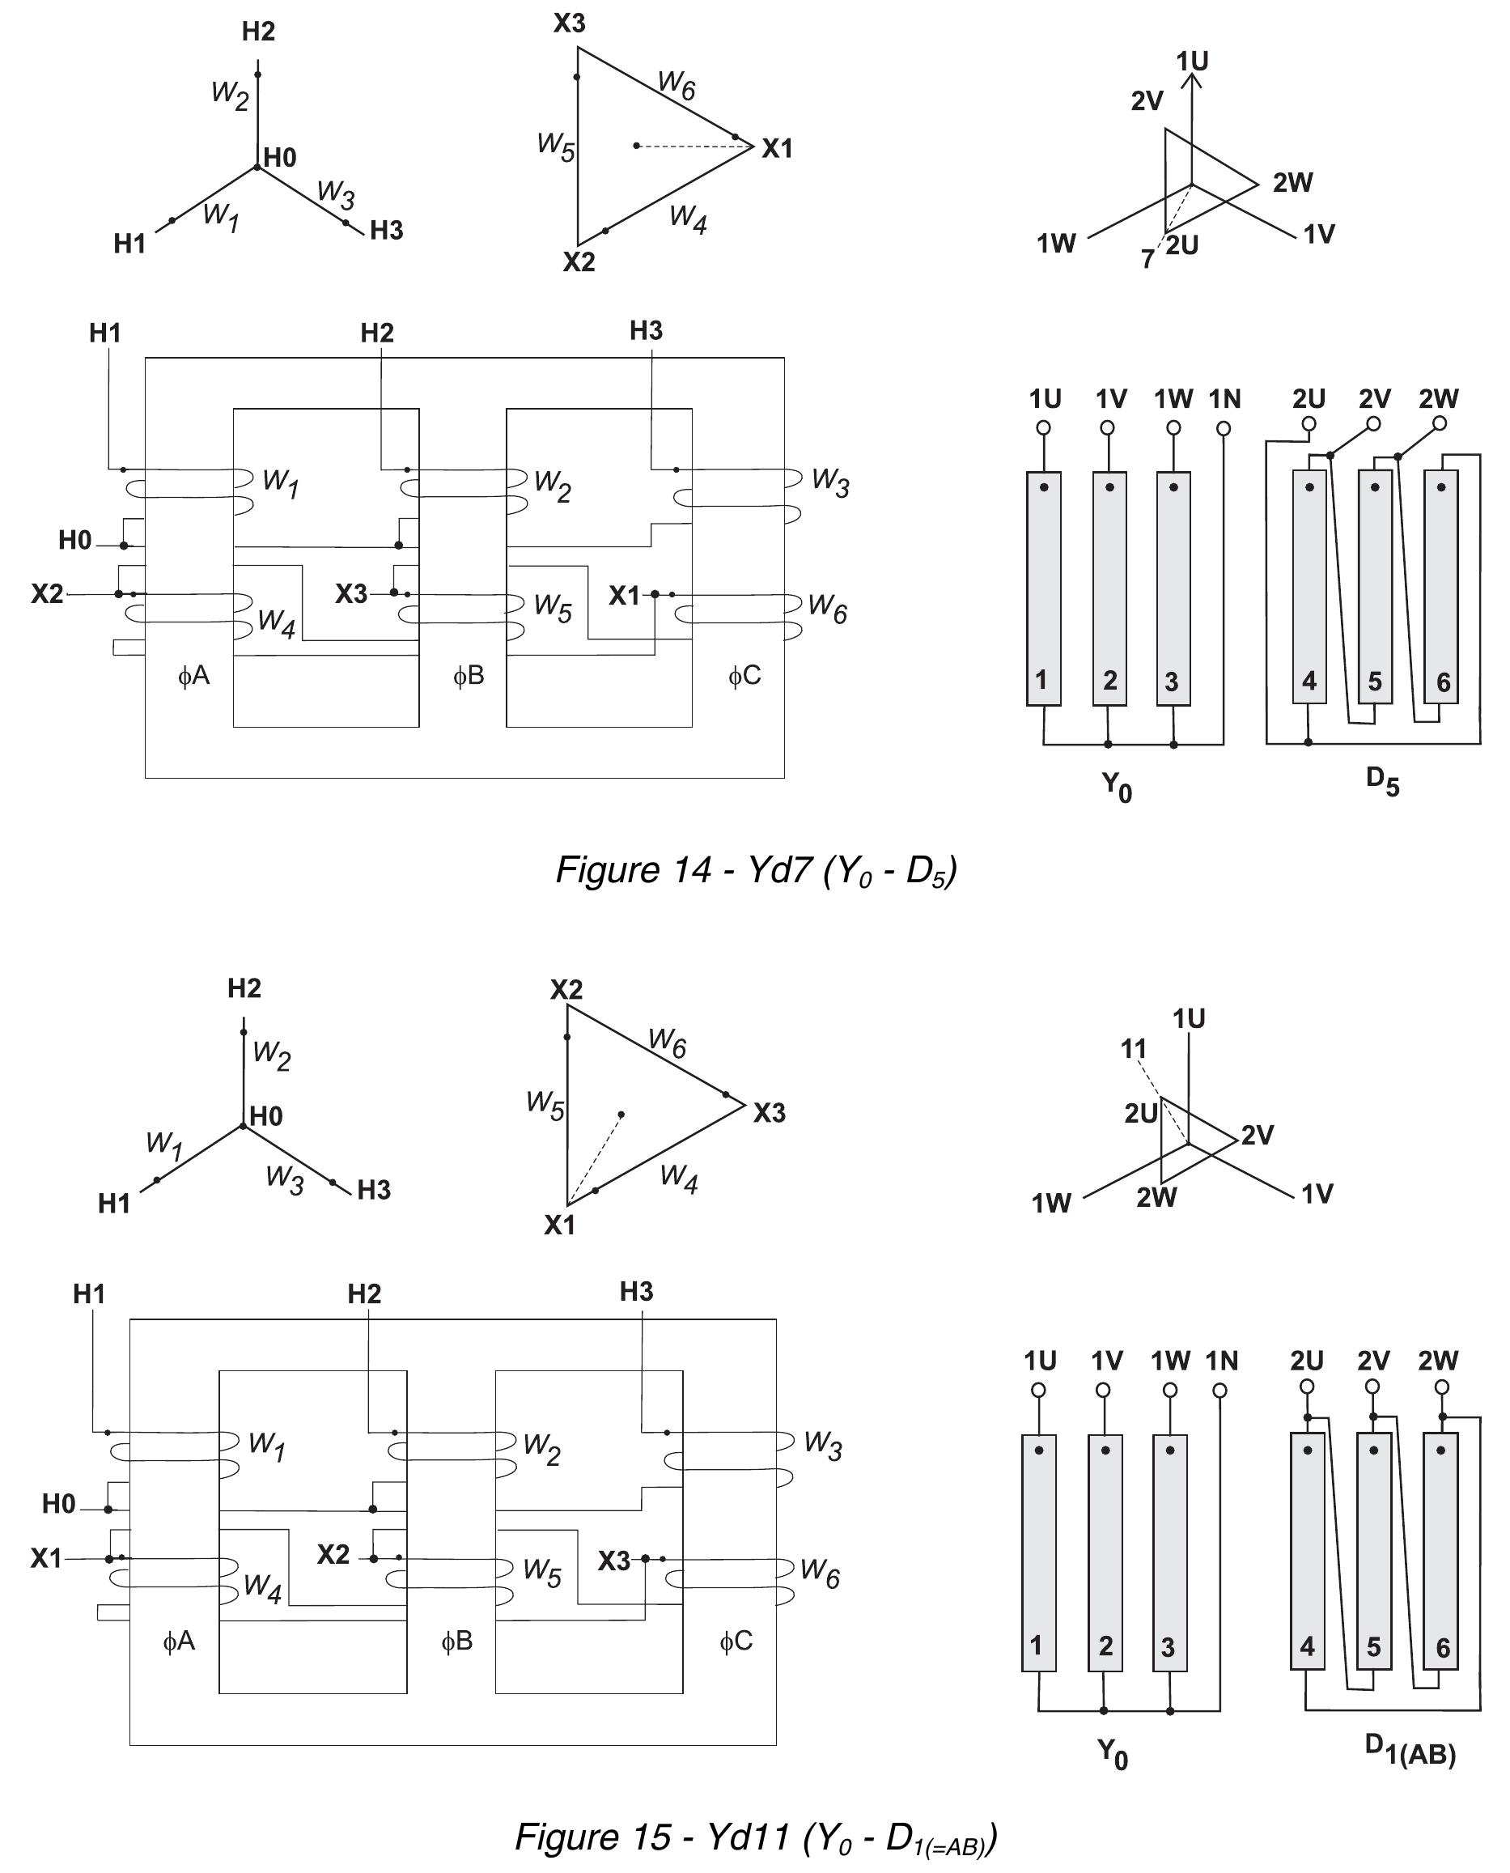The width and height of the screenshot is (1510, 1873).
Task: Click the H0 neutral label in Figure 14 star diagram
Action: (x=280, y=158)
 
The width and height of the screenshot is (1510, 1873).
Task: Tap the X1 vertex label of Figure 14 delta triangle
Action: (x=777, y=149)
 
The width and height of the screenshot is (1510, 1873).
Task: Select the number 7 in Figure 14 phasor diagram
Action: (x=1148, y=259)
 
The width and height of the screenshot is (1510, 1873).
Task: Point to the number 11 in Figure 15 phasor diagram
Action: (x=1134, y=1049)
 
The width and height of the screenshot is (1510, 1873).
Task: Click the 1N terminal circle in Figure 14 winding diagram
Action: (x=1224, y=428)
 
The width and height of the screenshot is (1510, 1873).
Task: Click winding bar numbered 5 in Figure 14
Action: (x=1375, y=586)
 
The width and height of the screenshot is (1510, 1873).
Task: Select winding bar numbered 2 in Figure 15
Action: (x=1105, y=1552)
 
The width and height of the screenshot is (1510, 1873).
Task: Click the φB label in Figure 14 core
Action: (x=469, y=675)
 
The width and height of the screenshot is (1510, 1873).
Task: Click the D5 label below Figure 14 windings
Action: (x=1382, y=780)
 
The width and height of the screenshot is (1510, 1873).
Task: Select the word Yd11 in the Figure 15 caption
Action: (x=748, y=1837)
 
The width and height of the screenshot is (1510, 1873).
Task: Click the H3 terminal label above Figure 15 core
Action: (x=636, y=1292)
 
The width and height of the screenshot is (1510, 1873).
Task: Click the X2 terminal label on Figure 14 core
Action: (x=47, y=593)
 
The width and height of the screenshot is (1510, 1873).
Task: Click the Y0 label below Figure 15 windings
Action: (x=1113, y=1753)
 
